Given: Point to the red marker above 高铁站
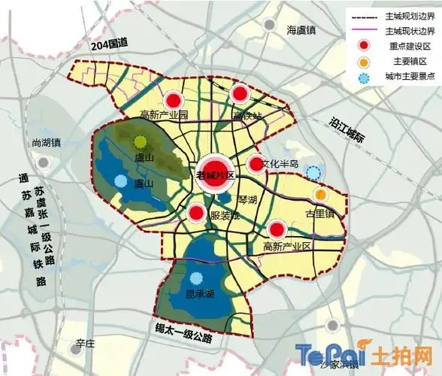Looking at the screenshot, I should (x=240, y=94).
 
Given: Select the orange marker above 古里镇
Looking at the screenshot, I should (x=321, y=196).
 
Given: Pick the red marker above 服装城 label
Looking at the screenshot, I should (x=195, y=214).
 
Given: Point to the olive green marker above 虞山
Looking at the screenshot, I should (x=141, y=141).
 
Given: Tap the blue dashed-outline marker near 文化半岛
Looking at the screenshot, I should (x=314, y=173).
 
